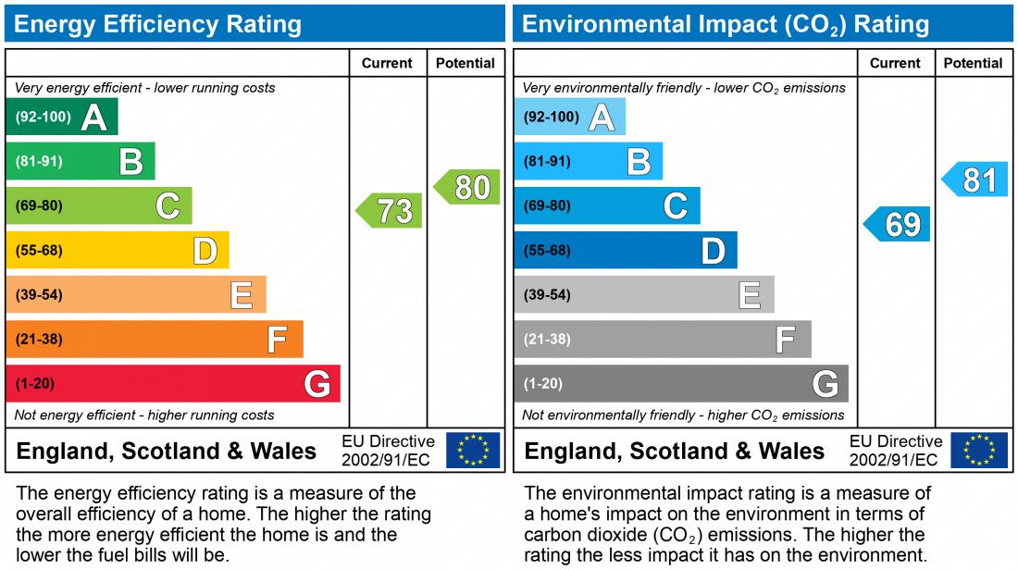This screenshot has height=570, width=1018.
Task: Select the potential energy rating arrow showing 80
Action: coord(468,187)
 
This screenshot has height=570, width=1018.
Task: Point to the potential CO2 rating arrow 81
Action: coord(976,180)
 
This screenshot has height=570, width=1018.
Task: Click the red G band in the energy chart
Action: coord(173,383)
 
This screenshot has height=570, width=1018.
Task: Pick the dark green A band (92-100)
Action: coord(62,117)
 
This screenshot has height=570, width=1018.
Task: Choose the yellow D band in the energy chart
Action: coord(118,250)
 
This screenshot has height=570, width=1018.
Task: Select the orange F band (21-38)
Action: coord(155,339)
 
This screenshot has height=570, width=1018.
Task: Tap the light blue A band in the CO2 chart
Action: coord(570,117)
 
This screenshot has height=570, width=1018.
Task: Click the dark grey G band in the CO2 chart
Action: coord(681,383)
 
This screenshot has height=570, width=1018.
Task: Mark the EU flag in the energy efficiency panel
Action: coord(473,451)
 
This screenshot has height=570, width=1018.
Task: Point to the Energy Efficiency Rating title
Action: coord(158,24)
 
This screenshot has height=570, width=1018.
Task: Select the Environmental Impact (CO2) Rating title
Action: coord(726,24)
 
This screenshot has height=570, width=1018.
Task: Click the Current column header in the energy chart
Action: coord(387,63)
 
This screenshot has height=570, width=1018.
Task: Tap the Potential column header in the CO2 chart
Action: coord(973,63)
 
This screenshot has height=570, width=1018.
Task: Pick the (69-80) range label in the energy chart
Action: coord(39,205)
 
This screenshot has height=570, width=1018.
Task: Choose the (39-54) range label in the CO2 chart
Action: coord(547,295)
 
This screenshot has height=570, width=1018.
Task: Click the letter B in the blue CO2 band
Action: coord(639,162)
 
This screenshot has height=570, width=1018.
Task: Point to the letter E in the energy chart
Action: coord(241,295)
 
